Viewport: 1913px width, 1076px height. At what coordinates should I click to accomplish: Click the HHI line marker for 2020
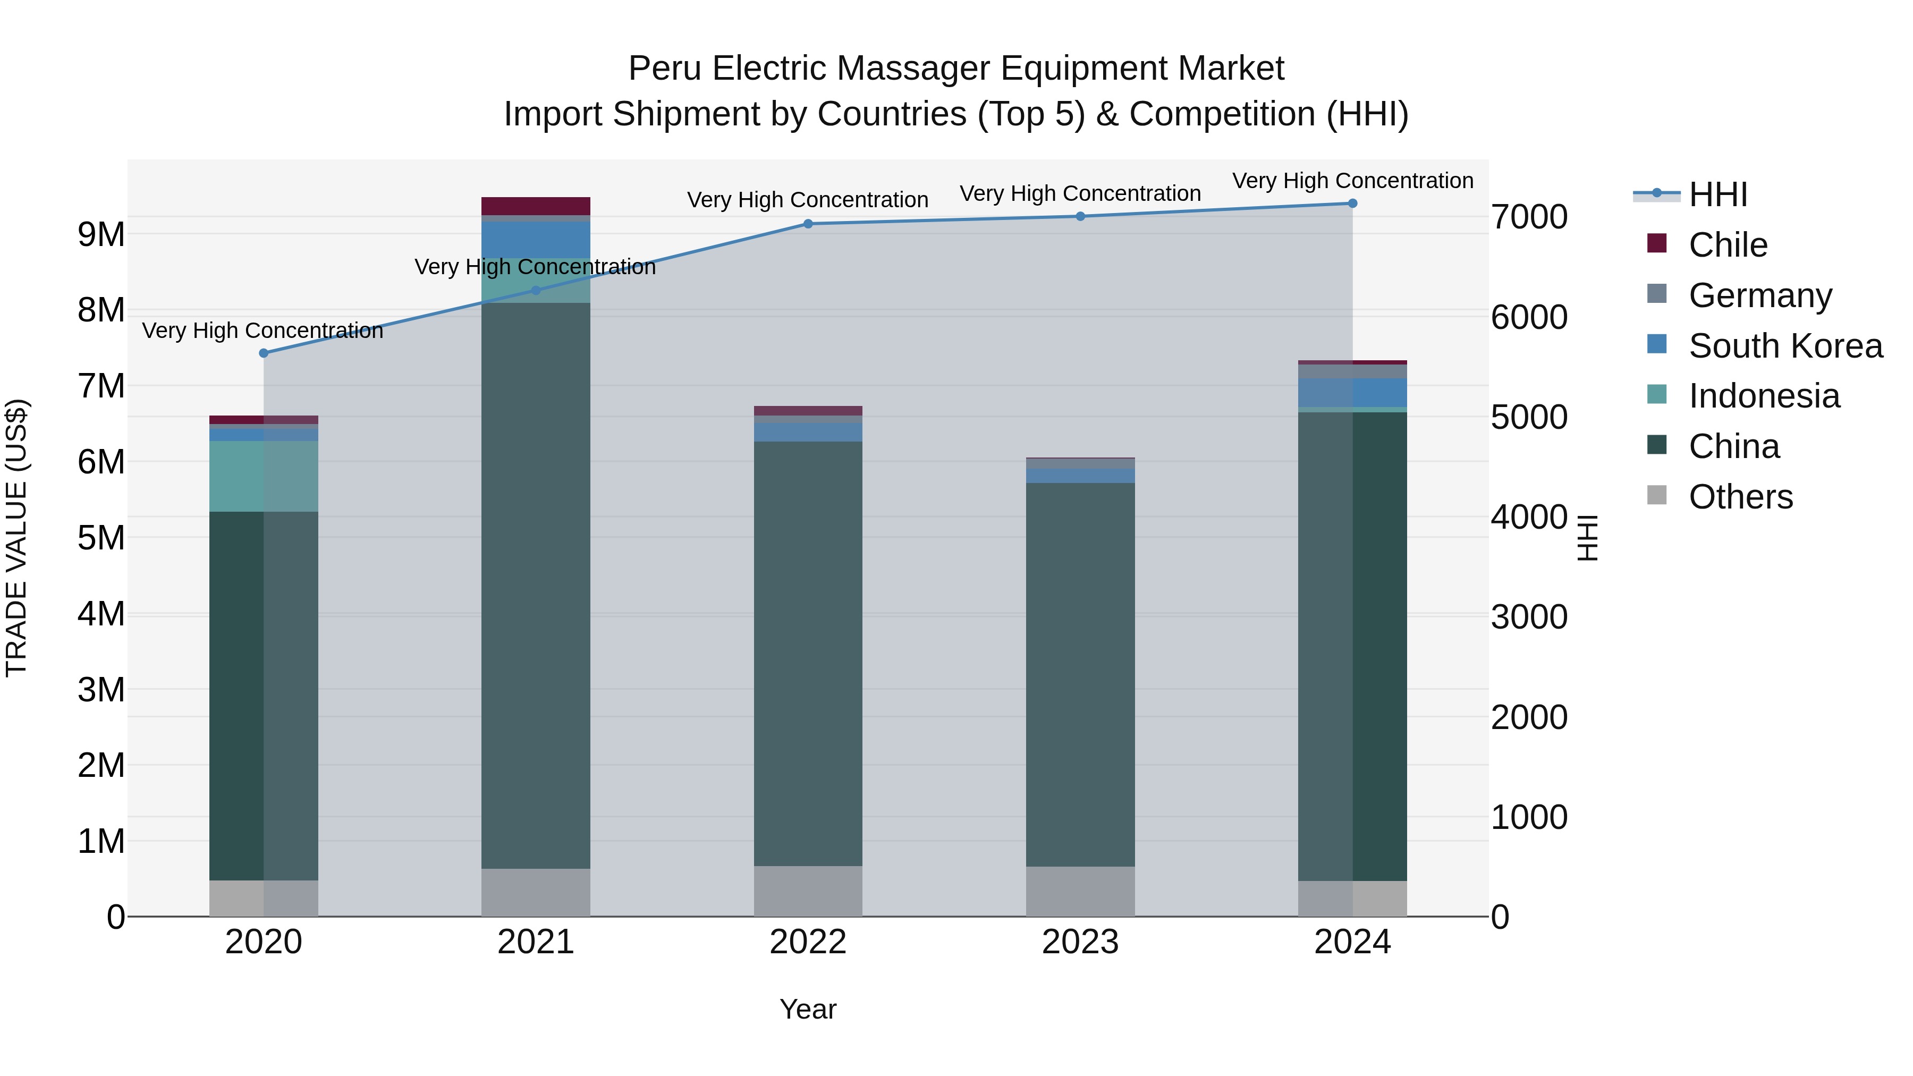[264, 353]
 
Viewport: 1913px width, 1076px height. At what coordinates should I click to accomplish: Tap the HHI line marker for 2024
[1352, 204]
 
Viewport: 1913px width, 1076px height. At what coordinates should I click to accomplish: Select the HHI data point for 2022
[808, 224]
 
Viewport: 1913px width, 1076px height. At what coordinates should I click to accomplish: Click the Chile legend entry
[1728, 245]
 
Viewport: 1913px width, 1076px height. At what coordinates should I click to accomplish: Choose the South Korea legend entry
[1785, 346]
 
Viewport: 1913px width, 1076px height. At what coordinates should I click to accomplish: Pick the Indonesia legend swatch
[1657, 394]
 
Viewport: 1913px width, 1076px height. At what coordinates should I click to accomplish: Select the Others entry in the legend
[1740, 497]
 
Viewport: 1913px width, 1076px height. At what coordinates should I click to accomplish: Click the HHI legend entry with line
[1717, 194]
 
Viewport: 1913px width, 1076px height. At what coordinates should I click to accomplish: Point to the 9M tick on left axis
[101, 235]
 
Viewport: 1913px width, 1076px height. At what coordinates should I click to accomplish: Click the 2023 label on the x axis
[1080, 942]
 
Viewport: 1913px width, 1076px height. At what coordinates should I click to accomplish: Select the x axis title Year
[808, 1009]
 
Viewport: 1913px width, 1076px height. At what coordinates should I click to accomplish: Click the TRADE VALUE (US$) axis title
[16, 538]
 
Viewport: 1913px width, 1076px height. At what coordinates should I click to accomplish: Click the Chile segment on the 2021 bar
[536, 206]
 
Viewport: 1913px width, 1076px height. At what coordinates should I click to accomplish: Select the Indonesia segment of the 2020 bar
[264, 476]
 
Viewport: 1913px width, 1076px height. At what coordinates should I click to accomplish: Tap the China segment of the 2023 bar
[1080, 674]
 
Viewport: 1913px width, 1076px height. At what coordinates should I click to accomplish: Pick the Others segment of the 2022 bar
[808, 891]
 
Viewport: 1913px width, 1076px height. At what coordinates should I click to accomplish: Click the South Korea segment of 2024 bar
[1352, 392]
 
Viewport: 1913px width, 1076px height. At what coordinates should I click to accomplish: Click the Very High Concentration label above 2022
[807, 200]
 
